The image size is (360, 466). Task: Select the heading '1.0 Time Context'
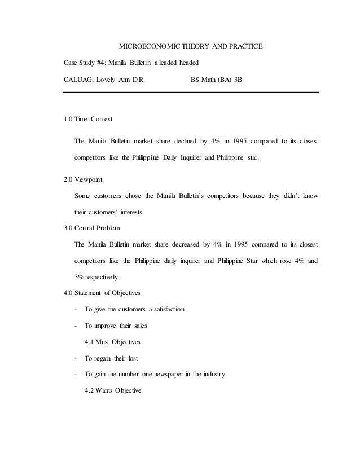pos(89,120)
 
